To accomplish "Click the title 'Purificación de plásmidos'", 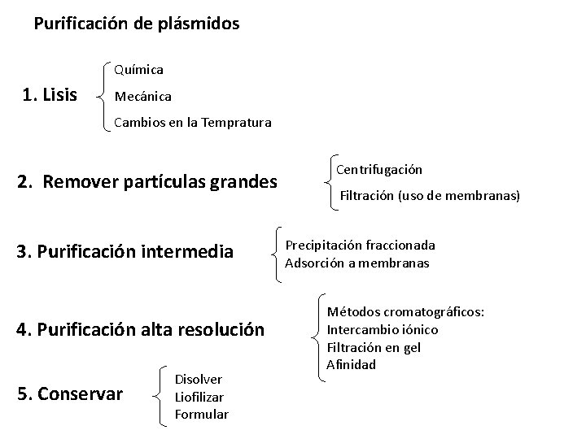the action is click(x=137, y=24).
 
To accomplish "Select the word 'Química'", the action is click(x=138, y=71).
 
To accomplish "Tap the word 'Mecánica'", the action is click(x=143, y=97).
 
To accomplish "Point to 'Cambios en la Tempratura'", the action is click(x=193, y=123).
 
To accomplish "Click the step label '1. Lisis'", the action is click(x=50, y=96).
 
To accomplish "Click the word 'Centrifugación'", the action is click(x=379, y=170).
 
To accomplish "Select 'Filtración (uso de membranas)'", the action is click(x=429, y=195).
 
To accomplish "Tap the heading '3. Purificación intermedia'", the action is click(x=125, y=252).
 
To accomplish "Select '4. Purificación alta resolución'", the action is click(x=140, y=330).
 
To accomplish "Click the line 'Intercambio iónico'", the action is click(x=382, y=330).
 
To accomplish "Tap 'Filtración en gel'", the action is click(x=374, y=347).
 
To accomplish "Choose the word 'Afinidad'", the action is click(x=351, y=364).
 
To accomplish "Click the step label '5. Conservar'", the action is click(x=70, y=394).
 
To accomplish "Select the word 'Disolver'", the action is click(x=199, y=379).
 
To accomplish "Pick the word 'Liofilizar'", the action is click(x=199, y=397).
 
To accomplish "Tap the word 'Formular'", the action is click(x=201, y=415).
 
